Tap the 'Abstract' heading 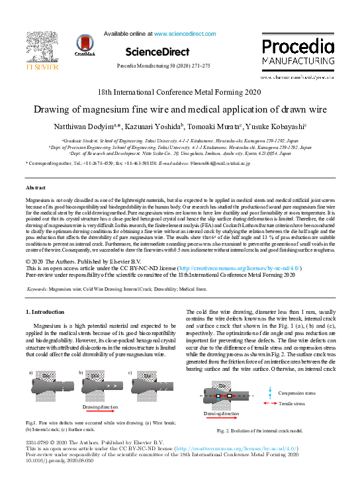(36, 189)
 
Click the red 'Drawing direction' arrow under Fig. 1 (100, 399)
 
